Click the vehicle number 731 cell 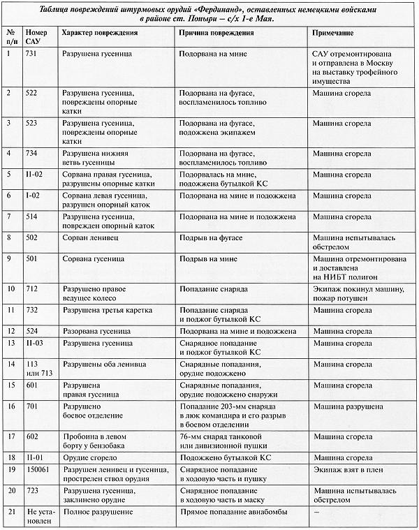[x=33, y=54]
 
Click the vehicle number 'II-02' [x=35, y=173]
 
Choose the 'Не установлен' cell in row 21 [x=38, y=518]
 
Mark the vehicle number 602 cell [x=33, y=436]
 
